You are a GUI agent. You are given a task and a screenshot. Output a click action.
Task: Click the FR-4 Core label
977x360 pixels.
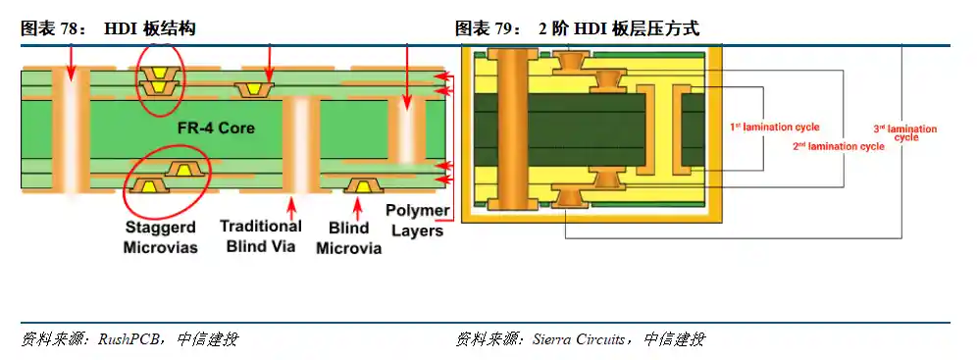[x=190, y=127]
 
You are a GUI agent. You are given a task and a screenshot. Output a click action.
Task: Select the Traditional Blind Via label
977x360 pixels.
[x=260, y=235]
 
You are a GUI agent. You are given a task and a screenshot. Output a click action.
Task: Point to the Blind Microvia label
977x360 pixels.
[x=348, y=238]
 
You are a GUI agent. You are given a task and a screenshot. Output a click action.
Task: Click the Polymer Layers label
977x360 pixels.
[x=417, y=221]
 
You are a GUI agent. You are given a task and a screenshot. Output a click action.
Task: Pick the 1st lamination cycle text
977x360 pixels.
[x=774, y=128]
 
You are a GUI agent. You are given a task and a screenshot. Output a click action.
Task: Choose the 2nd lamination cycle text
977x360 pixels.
[x=839, y=146]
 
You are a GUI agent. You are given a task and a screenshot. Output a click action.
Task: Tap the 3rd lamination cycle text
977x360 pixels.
[x=904, y=132]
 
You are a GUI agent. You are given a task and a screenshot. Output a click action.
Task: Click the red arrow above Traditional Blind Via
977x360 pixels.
[x=289, y=208]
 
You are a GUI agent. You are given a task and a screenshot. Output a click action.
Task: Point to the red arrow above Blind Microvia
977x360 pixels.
[x=358, y=208]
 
